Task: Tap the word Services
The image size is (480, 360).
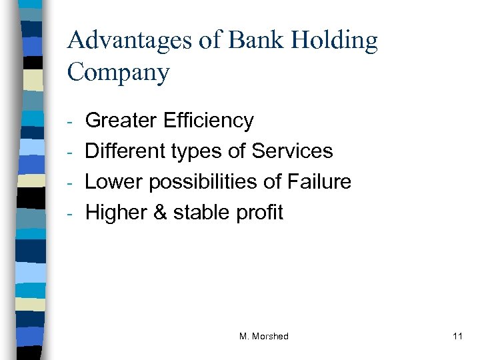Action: pos(292,151)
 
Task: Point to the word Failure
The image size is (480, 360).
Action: pos(318,182)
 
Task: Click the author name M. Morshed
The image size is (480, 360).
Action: pos(263,337)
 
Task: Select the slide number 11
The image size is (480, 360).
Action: pos(457,337)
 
